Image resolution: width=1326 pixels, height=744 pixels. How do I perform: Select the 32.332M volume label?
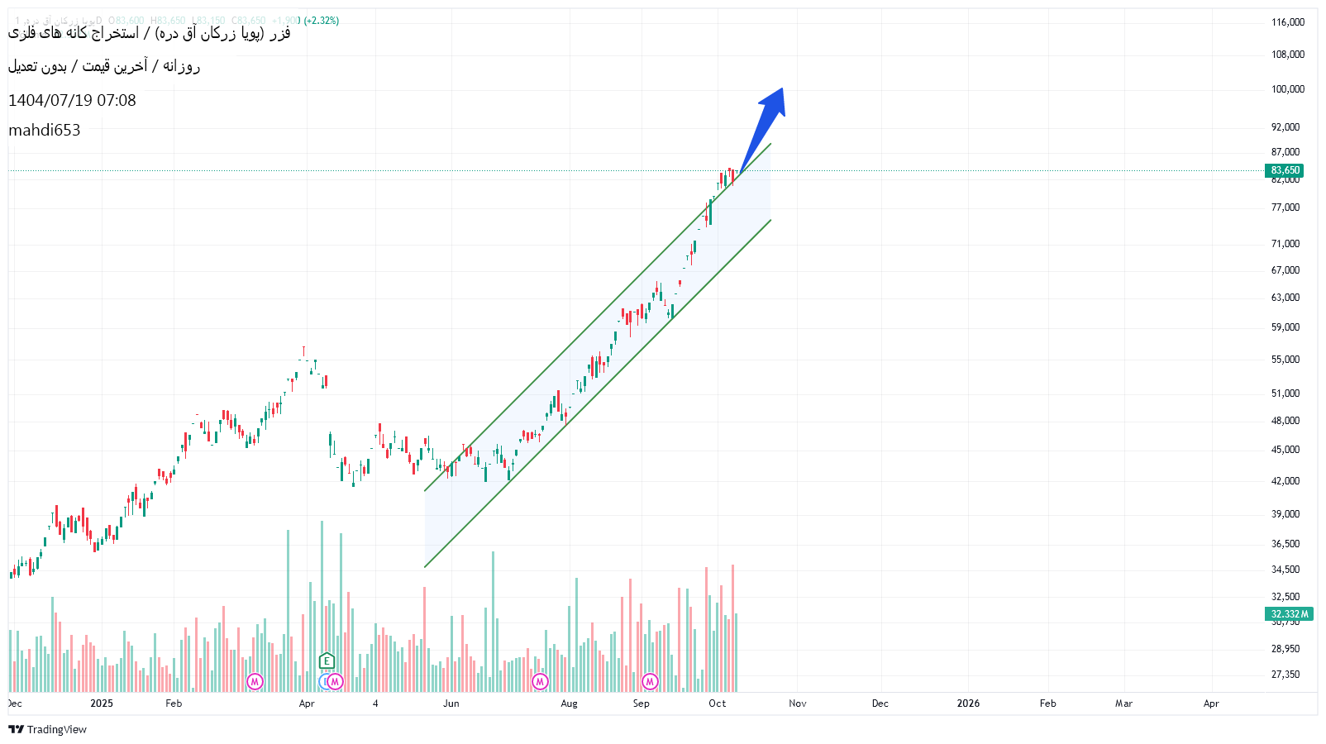[x=1289, y=614]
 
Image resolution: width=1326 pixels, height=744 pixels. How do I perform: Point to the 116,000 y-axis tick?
[x=1287, y=22]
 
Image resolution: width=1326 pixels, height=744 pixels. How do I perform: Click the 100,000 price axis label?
[x=1287, y=89]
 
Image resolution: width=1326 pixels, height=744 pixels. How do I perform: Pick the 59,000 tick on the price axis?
[x=1285, y=327]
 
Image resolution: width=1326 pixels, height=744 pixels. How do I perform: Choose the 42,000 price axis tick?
[x=1285, y=481]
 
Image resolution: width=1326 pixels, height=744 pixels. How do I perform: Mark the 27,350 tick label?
[x=1285, y=675]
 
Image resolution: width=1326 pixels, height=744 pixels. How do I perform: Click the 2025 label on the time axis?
[x=102, y=703]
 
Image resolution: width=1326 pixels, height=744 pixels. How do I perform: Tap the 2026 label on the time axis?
[x=968, y=703]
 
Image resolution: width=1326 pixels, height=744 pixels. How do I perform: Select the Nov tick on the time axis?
[x=797, y=703]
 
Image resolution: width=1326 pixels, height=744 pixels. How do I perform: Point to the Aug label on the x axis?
[x=569, y=703]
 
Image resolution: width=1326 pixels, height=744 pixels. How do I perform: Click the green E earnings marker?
[x=327, y=661]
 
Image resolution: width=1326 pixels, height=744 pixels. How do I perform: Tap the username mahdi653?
[x=45, y=130]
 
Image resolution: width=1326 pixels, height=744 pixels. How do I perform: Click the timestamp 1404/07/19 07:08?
[x=72, y=100]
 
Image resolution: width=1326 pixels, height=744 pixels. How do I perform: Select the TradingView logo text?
[x=56, y=729]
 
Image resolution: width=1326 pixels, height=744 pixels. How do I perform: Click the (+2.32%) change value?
[x=321, y=21]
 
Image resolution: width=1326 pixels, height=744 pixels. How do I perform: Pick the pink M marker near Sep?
[x=650, y=681]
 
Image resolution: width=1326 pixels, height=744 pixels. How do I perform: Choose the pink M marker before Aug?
[x=540, y=681]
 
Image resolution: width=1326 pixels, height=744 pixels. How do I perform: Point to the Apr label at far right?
[x=1211, y=703]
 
